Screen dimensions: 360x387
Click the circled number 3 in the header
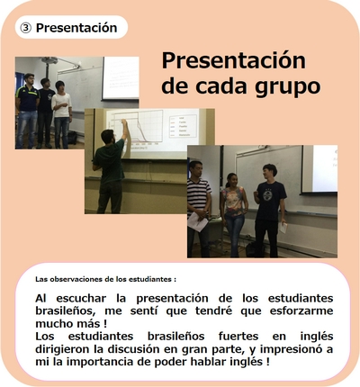coord(25,28)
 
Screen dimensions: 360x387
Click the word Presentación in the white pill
coord(76,28)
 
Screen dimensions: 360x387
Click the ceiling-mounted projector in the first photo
coord(50,60)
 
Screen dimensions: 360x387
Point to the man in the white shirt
coord(62,114)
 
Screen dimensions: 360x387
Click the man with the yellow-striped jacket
coord(27,111)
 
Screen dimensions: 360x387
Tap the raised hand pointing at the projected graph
coord(122,121)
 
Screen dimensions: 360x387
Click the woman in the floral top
coord(234,214)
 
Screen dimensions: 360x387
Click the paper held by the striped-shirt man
coord(197,222)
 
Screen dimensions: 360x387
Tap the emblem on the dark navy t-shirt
coord(267,195)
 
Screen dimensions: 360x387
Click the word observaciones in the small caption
coord(76,279)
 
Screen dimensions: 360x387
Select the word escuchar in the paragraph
coord(81,299)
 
